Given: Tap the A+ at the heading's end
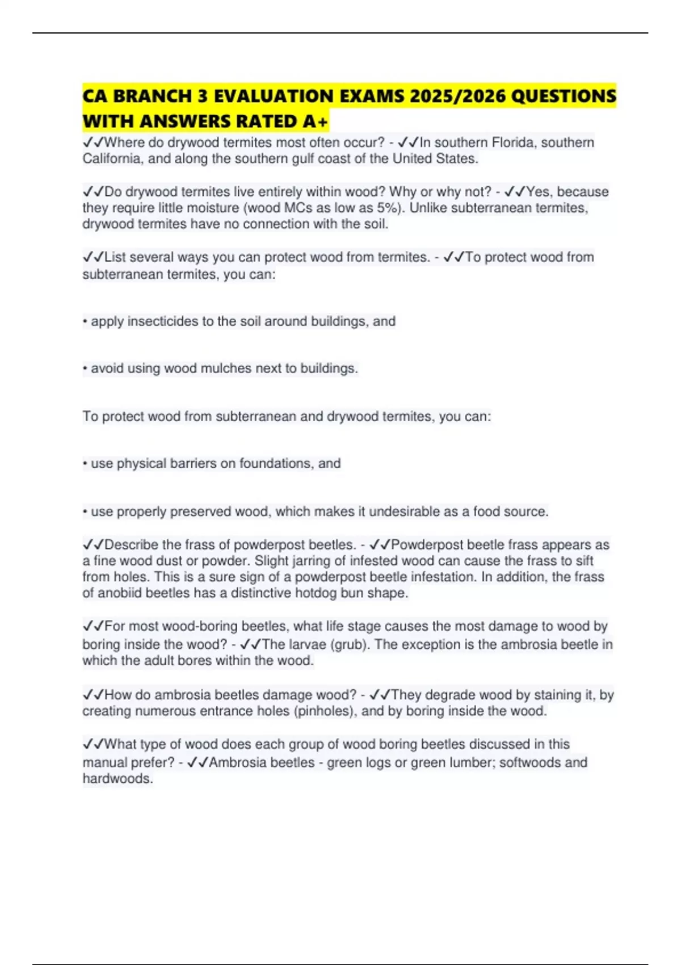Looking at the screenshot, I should (x=316, y=121).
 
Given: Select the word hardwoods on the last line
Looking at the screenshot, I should (x=117, y=779).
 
